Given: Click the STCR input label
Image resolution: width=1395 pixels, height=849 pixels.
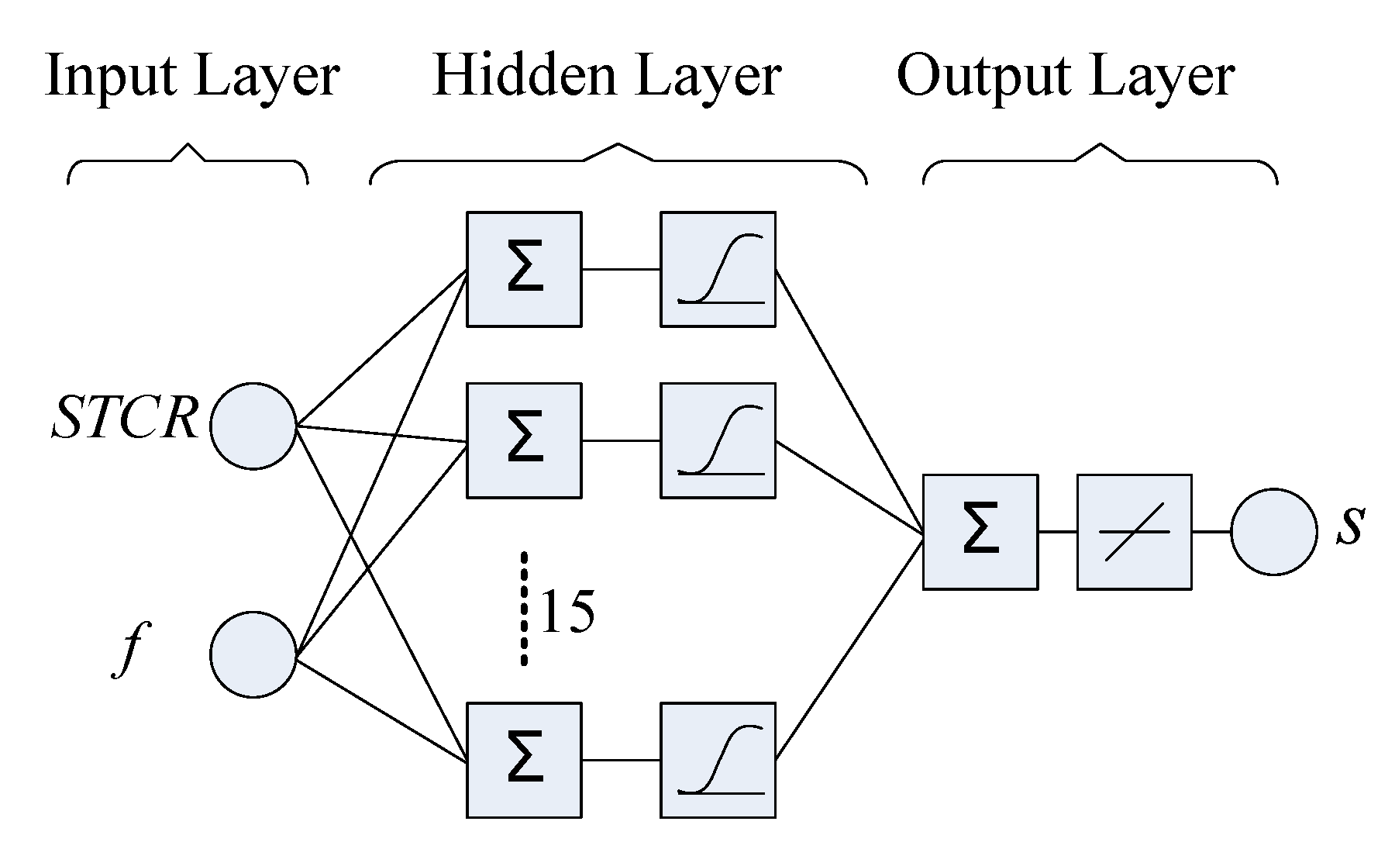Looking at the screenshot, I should (x=124, y=419).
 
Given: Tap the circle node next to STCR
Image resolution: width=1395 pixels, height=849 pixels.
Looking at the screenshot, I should (x=253, y=426).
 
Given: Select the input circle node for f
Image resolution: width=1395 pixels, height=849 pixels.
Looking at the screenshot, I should (x=253, y=654).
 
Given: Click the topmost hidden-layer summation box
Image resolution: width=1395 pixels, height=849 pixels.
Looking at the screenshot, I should (x=524, y=269).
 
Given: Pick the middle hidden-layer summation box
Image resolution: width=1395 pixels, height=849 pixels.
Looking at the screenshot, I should (x=524, y=440).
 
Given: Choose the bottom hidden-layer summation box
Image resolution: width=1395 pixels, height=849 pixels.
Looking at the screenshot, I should (x=524, y=760).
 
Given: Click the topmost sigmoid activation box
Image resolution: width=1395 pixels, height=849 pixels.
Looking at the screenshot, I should (x=718, y=269).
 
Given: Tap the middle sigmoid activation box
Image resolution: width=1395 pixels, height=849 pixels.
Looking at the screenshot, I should (x=718, y=440).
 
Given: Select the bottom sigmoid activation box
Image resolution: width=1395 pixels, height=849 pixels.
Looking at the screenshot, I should (x=718, y=760).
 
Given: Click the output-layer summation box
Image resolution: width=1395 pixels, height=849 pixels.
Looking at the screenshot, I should (x=980, y=532).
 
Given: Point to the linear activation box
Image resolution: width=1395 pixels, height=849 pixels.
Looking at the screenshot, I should (x=1134, y=532).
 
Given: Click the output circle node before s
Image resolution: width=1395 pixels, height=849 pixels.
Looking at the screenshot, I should (x=1273, y=532).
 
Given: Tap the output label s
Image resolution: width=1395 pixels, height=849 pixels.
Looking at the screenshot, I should (x=1349, y=528).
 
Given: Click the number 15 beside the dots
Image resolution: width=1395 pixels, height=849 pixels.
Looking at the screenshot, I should (x=567, y=612).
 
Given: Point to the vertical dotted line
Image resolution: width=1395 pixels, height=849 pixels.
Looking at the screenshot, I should (x=524, y=609).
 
